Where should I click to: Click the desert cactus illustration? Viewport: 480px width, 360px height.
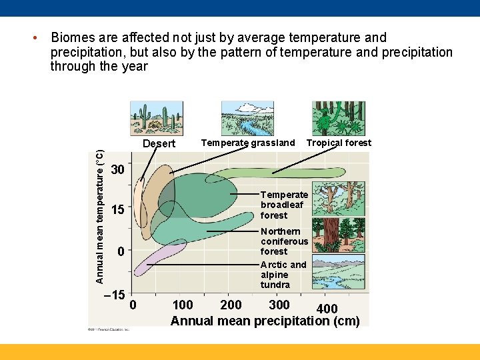click(x=157, y=119)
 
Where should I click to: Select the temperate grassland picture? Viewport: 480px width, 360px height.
click(x=247, y=119)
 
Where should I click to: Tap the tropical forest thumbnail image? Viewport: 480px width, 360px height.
click(x=338, y=119)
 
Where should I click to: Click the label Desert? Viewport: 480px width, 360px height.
click(x=159, y=143)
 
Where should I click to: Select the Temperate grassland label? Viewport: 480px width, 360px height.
click(x=247, y=143)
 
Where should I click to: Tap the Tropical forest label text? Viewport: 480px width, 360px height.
click(x=339, y=143)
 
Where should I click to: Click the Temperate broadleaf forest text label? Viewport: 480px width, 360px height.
click(x=284, y=205)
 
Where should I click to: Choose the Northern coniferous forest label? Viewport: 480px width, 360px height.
click(x=284, y=241)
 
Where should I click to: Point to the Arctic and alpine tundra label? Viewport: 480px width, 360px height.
click(x=283, y=275)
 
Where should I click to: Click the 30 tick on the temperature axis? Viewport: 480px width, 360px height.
click(x=117, y=169)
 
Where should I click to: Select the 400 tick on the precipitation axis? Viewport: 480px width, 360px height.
click(x=327, y=309)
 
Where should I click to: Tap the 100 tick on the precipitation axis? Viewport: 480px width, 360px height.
click(x=182, y=305)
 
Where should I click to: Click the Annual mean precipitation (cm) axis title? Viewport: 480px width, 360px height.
click(x=265, y=321)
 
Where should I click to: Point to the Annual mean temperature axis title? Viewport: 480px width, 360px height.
click(x=99, y=217)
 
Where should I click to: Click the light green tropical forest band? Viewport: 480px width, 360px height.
click(x=280, y=173)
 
